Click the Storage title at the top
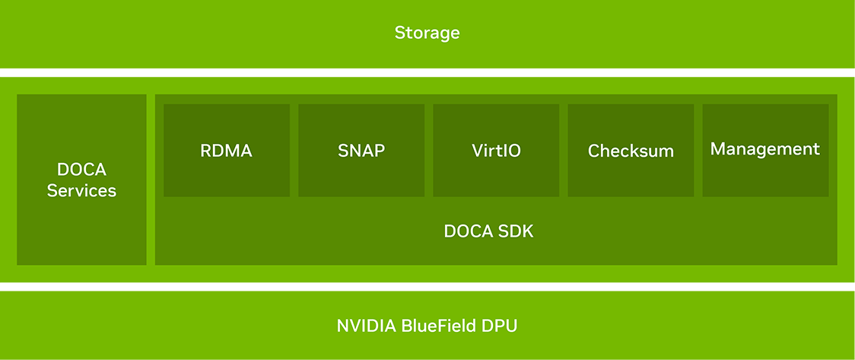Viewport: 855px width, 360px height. tap(427, 33)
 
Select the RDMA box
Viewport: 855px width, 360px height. tap(227, 150)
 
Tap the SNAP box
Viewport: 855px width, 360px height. tap(361, 150)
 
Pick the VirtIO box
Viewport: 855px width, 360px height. tap(496, 150)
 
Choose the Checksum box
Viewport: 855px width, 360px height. tap(631, 150)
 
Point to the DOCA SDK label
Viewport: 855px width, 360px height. tap(488, 231)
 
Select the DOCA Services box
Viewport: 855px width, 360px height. tap(81, 180)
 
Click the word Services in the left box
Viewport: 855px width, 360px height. tap(81, 190)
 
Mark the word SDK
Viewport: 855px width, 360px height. tap(517, 231)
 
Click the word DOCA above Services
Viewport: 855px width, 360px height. tap(81, 169)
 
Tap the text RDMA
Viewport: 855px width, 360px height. tap(226, 151)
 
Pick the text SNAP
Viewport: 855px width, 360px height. tap(361, 151)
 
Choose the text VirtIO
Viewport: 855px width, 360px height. tap(496, 151)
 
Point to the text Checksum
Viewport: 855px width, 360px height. tap(631, 151)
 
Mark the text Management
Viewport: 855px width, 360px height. tap(765, 149)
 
